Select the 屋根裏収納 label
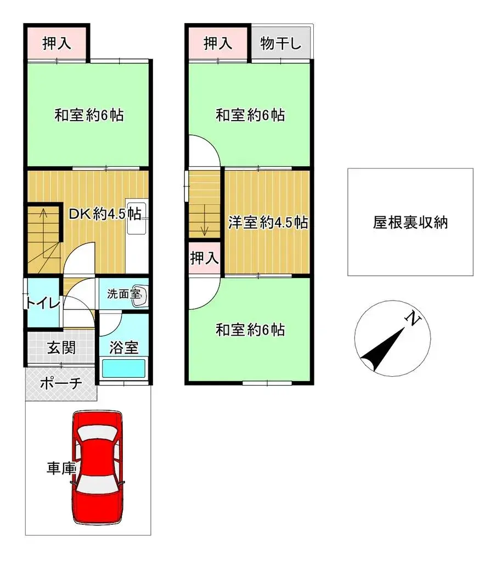410,223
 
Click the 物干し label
281,44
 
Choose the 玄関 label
61,347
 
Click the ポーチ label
61,383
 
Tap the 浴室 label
123,347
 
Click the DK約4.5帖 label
105,214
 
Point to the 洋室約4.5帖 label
267,223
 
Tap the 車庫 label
61,469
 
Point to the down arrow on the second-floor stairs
204,225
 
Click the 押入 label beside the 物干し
218,44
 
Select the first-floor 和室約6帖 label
88,116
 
